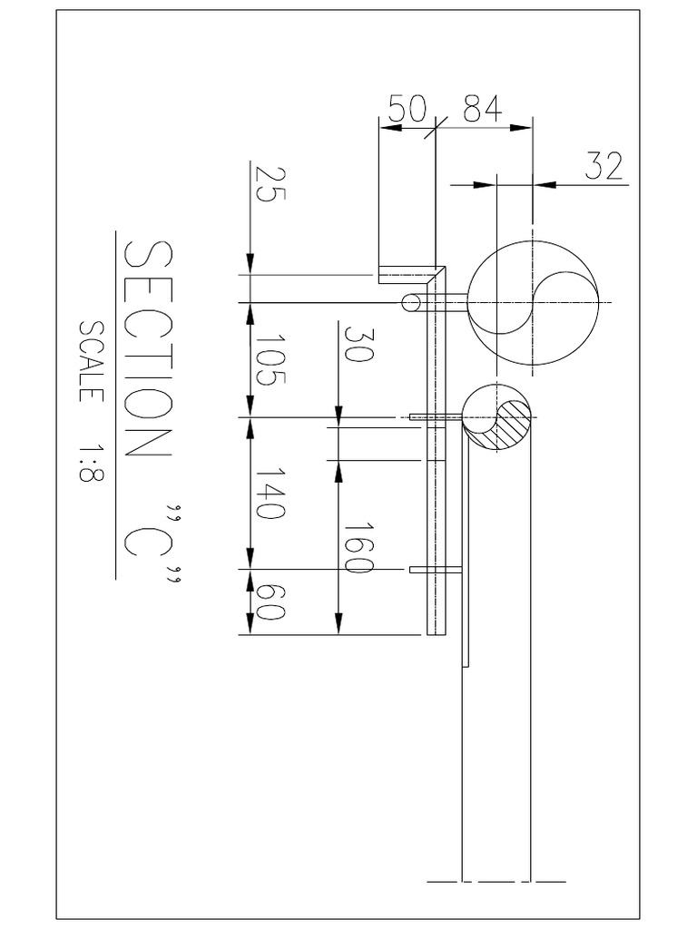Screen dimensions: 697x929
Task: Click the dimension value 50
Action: pyautogui.click(x=407, y=109)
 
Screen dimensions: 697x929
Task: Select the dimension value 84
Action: pyautogui.click(x=483, y=108)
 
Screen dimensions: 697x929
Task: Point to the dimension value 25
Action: pyautogui.click(x=270, y=184)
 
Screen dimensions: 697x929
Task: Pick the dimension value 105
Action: pyautogui.click(x=270, y=360)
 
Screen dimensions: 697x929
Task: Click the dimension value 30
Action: pyautogui.click(x=358, y=344)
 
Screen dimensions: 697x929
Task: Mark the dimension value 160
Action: pyautogui.click(x=358, y=548)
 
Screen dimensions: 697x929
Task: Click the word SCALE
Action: pyautogui.click(x=92, y=361)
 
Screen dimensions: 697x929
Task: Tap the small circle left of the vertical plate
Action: pyautogui.click(x=411, y=303)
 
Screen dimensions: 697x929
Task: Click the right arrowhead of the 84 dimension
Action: pyautogui.click(x=521, y=127)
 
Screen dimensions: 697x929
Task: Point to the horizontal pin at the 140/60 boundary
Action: pyautogui.click(x=436, y=570)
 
